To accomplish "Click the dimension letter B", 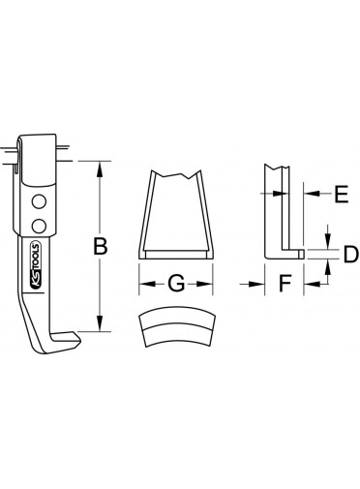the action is point(100,247).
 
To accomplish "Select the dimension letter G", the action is point(176,284).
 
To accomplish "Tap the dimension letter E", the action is point(342,194).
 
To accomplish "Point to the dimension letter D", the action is point(350,255).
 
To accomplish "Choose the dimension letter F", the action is point(285,284).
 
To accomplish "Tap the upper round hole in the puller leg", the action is point(39,201).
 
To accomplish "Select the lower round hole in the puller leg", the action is point(39,226).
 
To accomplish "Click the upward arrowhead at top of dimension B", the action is point(100,169).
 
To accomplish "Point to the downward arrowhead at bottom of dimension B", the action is point(100,323).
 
